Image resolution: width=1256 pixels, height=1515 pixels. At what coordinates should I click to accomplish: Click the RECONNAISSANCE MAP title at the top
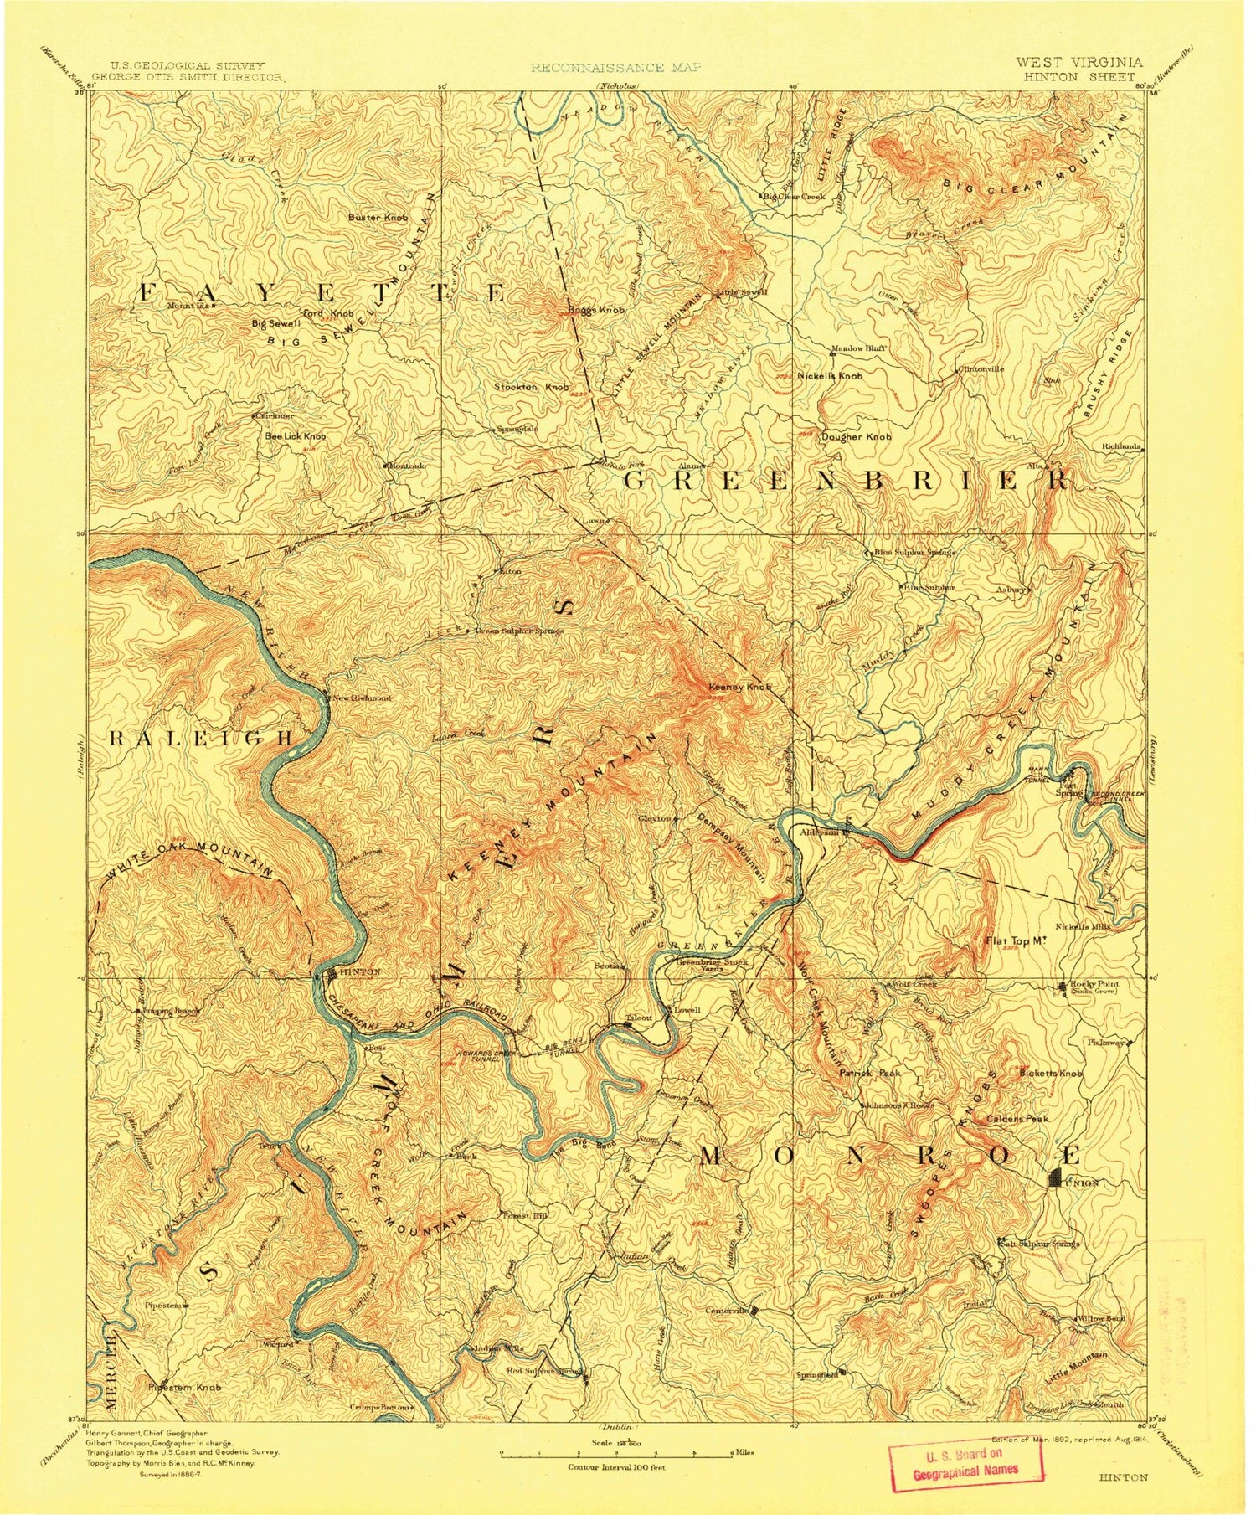tap(616, 67)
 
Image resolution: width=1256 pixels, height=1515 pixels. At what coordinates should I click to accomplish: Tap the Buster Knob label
tap(378, 217)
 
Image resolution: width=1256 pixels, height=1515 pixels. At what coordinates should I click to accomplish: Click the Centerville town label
tap(727, 1310)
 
